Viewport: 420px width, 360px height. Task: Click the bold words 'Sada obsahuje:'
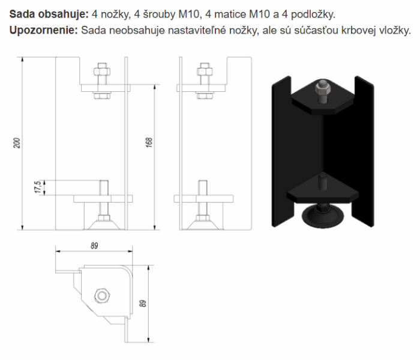coord(49,13)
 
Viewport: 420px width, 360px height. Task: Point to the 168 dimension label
coord(149,143)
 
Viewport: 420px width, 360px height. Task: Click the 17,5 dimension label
coord(37,187)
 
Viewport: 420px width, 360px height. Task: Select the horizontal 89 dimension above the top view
coord(94,245)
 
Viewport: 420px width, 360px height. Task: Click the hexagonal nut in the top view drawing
coord(101,295)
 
